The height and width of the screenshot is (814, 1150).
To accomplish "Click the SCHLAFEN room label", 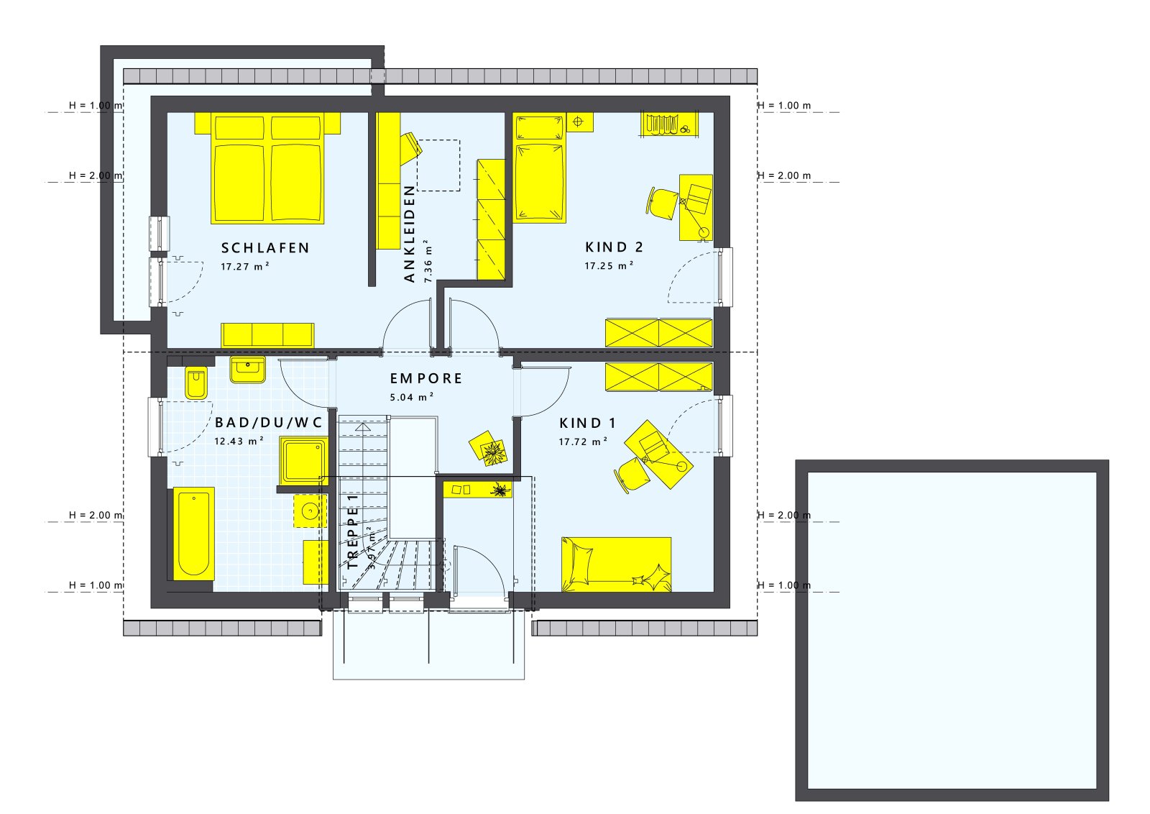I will coord(265,248).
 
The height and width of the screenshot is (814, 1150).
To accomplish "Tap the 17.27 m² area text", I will coord(245,267).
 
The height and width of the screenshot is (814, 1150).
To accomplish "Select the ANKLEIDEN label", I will coord(410,234).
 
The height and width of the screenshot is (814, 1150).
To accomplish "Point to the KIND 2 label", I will coord(615,247).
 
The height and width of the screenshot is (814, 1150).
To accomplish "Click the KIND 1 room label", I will coord(588,424).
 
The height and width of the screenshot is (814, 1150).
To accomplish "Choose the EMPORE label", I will coord(426,378).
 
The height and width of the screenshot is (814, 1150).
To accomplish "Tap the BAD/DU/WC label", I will coord(269,423).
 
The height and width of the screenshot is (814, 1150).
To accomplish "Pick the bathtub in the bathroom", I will coord(193,534).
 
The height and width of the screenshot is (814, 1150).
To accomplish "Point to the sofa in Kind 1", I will coord(616,564).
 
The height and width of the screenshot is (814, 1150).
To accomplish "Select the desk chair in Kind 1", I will coord(632,475).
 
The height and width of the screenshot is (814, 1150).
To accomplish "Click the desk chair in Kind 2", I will coord(663,201).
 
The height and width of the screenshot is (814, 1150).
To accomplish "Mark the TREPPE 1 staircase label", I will coord(352,531).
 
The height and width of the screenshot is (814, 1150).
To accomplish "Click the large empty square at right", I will coord(952,630).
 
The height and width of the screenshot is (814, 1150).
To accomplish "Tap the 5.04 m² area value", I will coord(412,397).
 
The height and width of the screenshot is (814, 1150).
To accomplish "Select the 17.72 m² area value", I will coord(583,442).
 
